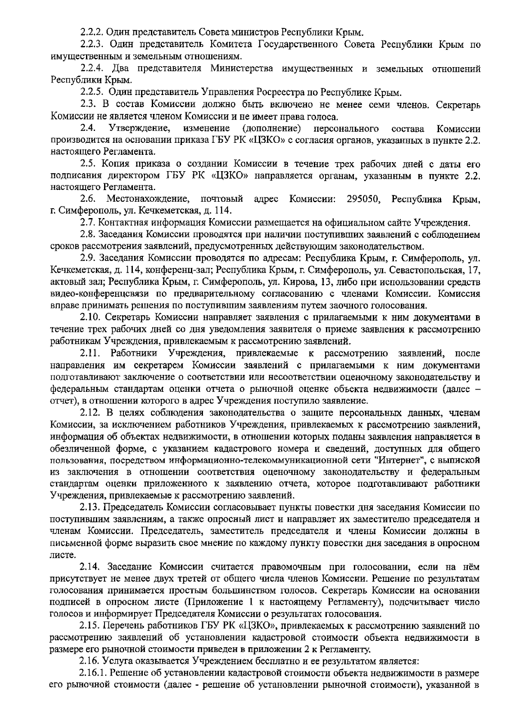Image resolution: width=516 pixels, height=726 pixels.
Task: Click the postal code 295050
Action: click(x=362, y=199)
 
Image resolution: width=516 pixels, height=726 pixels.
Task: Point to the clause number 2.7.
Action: click(x=88, y=223)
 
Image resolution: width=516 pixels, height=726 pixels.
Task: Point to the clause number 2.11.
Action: click(x=89, y=354)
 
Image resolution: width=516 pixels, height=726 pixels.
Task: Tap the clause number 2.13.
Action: click(x=89, y=508)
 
